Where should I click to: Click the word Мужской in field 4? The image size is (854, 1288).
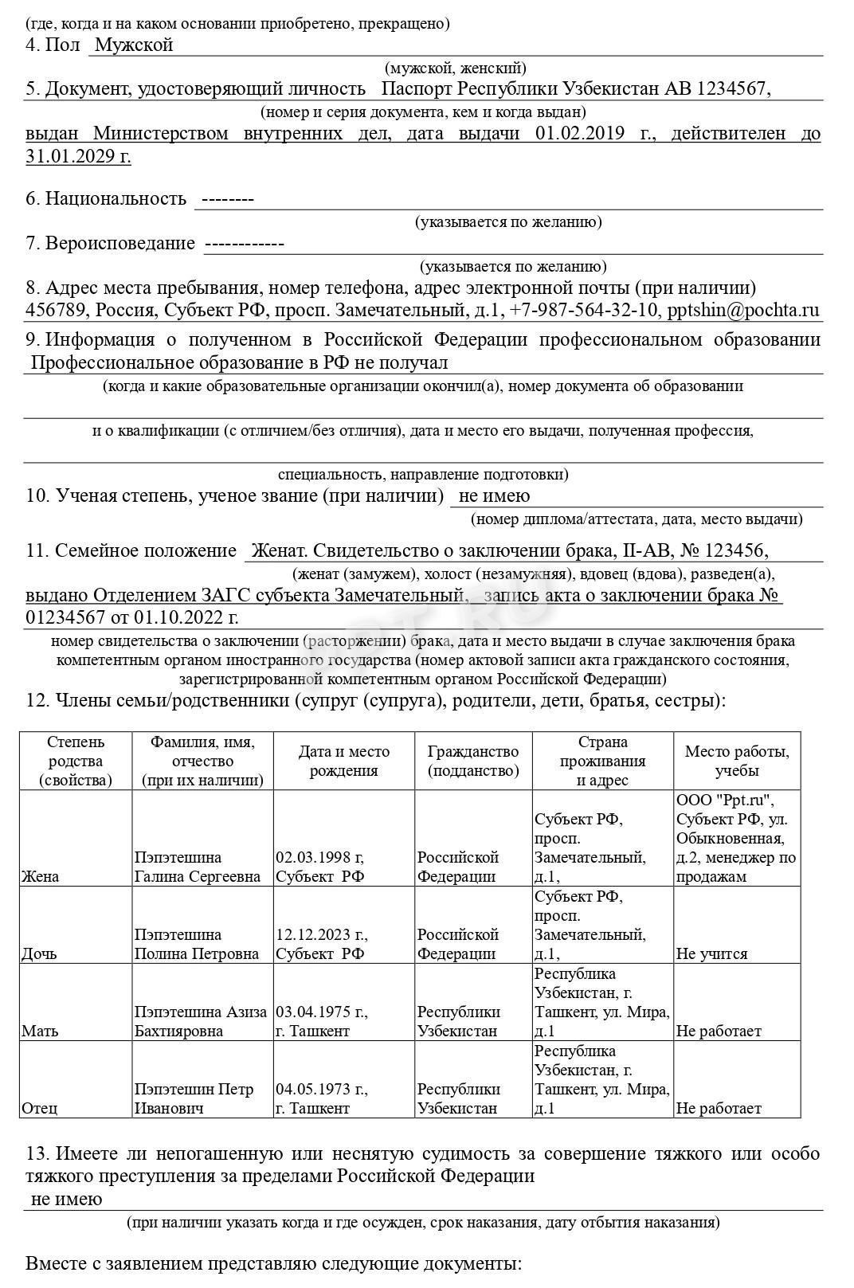[x=134, y=45]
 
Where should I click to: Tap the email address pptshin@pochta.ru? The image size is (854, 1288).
[x=743, y=310]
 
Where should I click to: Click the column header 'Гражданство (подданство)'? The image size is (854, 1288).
[x=473, y=761]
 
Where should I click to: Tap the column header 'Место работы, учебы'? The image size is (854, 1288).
[x=737, y=761]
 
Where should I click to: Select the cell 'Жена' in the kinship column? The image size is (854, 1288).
[x=41, y=876]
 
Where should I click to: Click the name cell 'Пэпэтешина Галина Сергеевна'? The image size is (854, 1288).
[x=198, y=867]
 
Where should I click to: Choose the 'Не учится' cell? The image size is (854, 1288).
[x=711, y=953]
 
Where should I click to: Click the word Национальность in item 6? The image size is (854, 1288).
[x=116, y=198]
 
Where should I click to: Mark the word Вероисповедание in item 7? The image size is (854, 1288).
[x=120, y=243]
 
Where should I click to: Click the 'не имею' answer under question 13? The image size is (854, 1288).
[x=67, y=1199]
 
